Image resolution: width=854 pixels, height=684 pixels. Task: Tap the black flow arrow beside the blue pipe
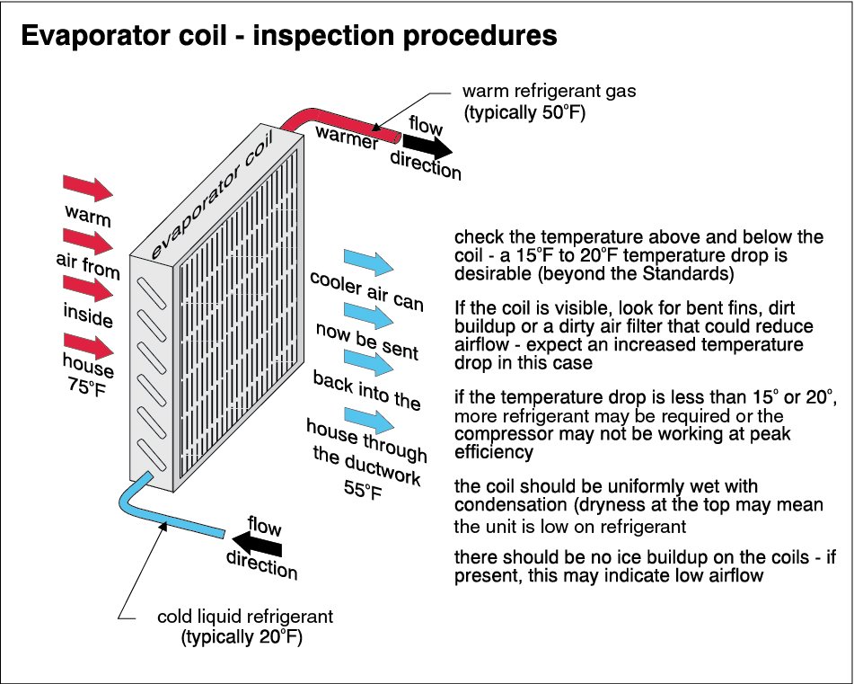coord(253,543)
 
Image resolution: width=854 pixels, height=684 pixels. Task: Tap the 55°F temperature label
coord(362,490)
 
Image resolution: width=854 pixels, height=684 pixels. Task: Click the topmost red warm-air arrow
coord(87,189)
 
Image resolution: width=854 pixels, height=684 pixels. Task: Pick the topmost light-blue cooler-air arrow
coord(369,262)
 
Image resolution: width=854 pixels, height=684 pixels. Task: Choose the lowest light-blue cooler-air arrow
coord(369,419)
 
